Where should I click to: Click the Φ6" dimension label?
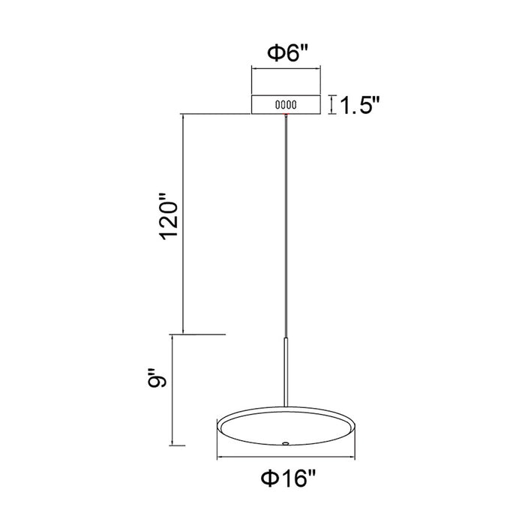[x=287, y=53]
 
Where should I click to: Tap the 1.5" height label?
[x=360, y=105]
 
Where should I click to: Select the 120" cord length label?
[x=169, y=216]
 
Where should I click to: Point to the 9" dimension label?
[x=157, y=378]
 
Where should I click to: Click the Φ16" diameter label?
[x=288, y=478]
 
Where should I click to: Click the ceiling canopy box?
[x=286, y=105]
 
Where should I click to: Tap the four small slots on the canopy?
[x=286, y=105]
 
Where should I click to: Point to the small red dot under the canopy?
[x=286, y=115]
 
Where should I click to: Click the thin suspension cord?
[x=286, y=226]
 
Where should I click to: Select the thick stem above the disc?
[x=286, y=373]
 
